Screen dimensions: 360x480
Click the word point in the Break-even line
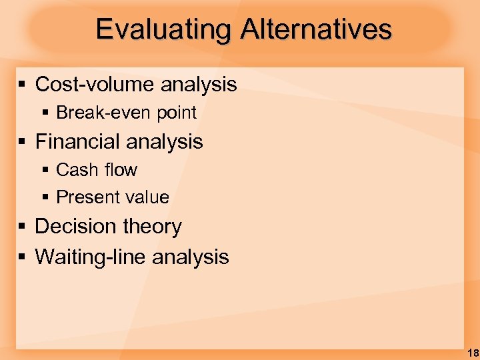pos(177,113)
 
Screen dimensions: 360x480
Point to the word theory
pos(151,227)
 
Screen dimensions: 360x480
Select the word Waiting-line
pos(91,257)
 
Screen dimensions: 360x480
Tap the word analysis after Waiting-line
pos(191,257)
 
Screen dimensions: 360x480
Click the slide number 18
pos(472,353)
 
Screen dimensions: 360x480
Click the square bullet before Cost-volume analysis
pos(22,85)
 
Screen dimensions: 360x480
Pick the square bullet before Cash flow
pos(45,171)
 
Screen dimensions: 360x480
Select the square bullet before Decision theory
pos(22,227)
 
